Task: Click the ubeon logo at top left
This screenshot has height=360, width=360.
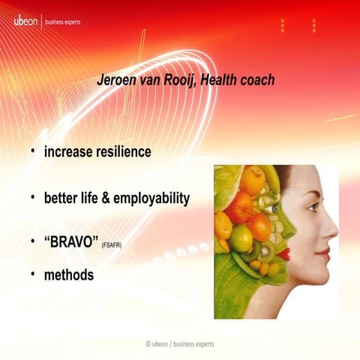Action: click(27, 21)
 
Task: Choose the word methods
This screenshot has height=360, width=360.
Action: click(69, 275)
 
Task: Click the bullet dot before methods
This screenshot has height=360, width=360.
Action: click(33, 274)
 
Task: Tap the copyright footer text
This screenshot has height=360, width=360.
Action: click(180, 343)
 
